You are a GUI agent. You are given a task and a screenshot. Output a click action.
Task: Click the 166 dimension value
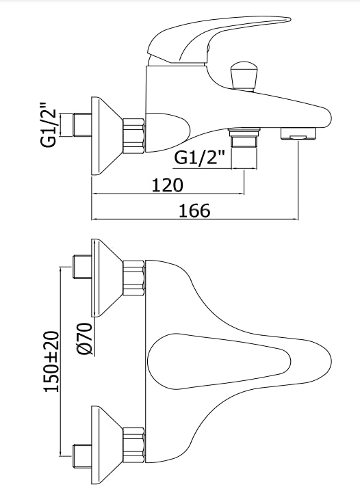(x=194, y=211)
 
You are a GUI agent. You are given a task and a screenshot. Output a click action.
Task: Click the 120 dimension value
(x=167, y=185)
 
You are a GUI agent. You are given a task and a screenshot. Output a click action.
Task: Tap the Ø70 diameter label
(x=85, y=339)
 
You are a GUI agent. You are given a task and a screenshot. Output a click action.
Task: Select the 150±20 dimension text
(x=51, y=361)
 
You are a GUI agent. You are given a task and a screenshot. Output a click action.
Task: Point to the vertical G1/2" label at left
(x=49, y=125)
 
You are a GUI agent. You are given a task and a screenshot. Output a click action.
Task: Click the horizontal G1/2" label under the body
(x=200, y=157)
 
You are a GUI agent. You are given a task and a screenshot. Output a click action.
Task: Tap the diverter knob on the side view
(x=244, y=75)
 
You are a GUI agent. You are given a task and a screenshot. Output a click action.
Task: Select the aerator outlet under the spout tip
(x=298, y=133)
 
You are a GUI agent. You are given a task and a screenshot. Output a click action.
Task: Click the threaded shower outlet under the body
(x=244, y=137)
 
